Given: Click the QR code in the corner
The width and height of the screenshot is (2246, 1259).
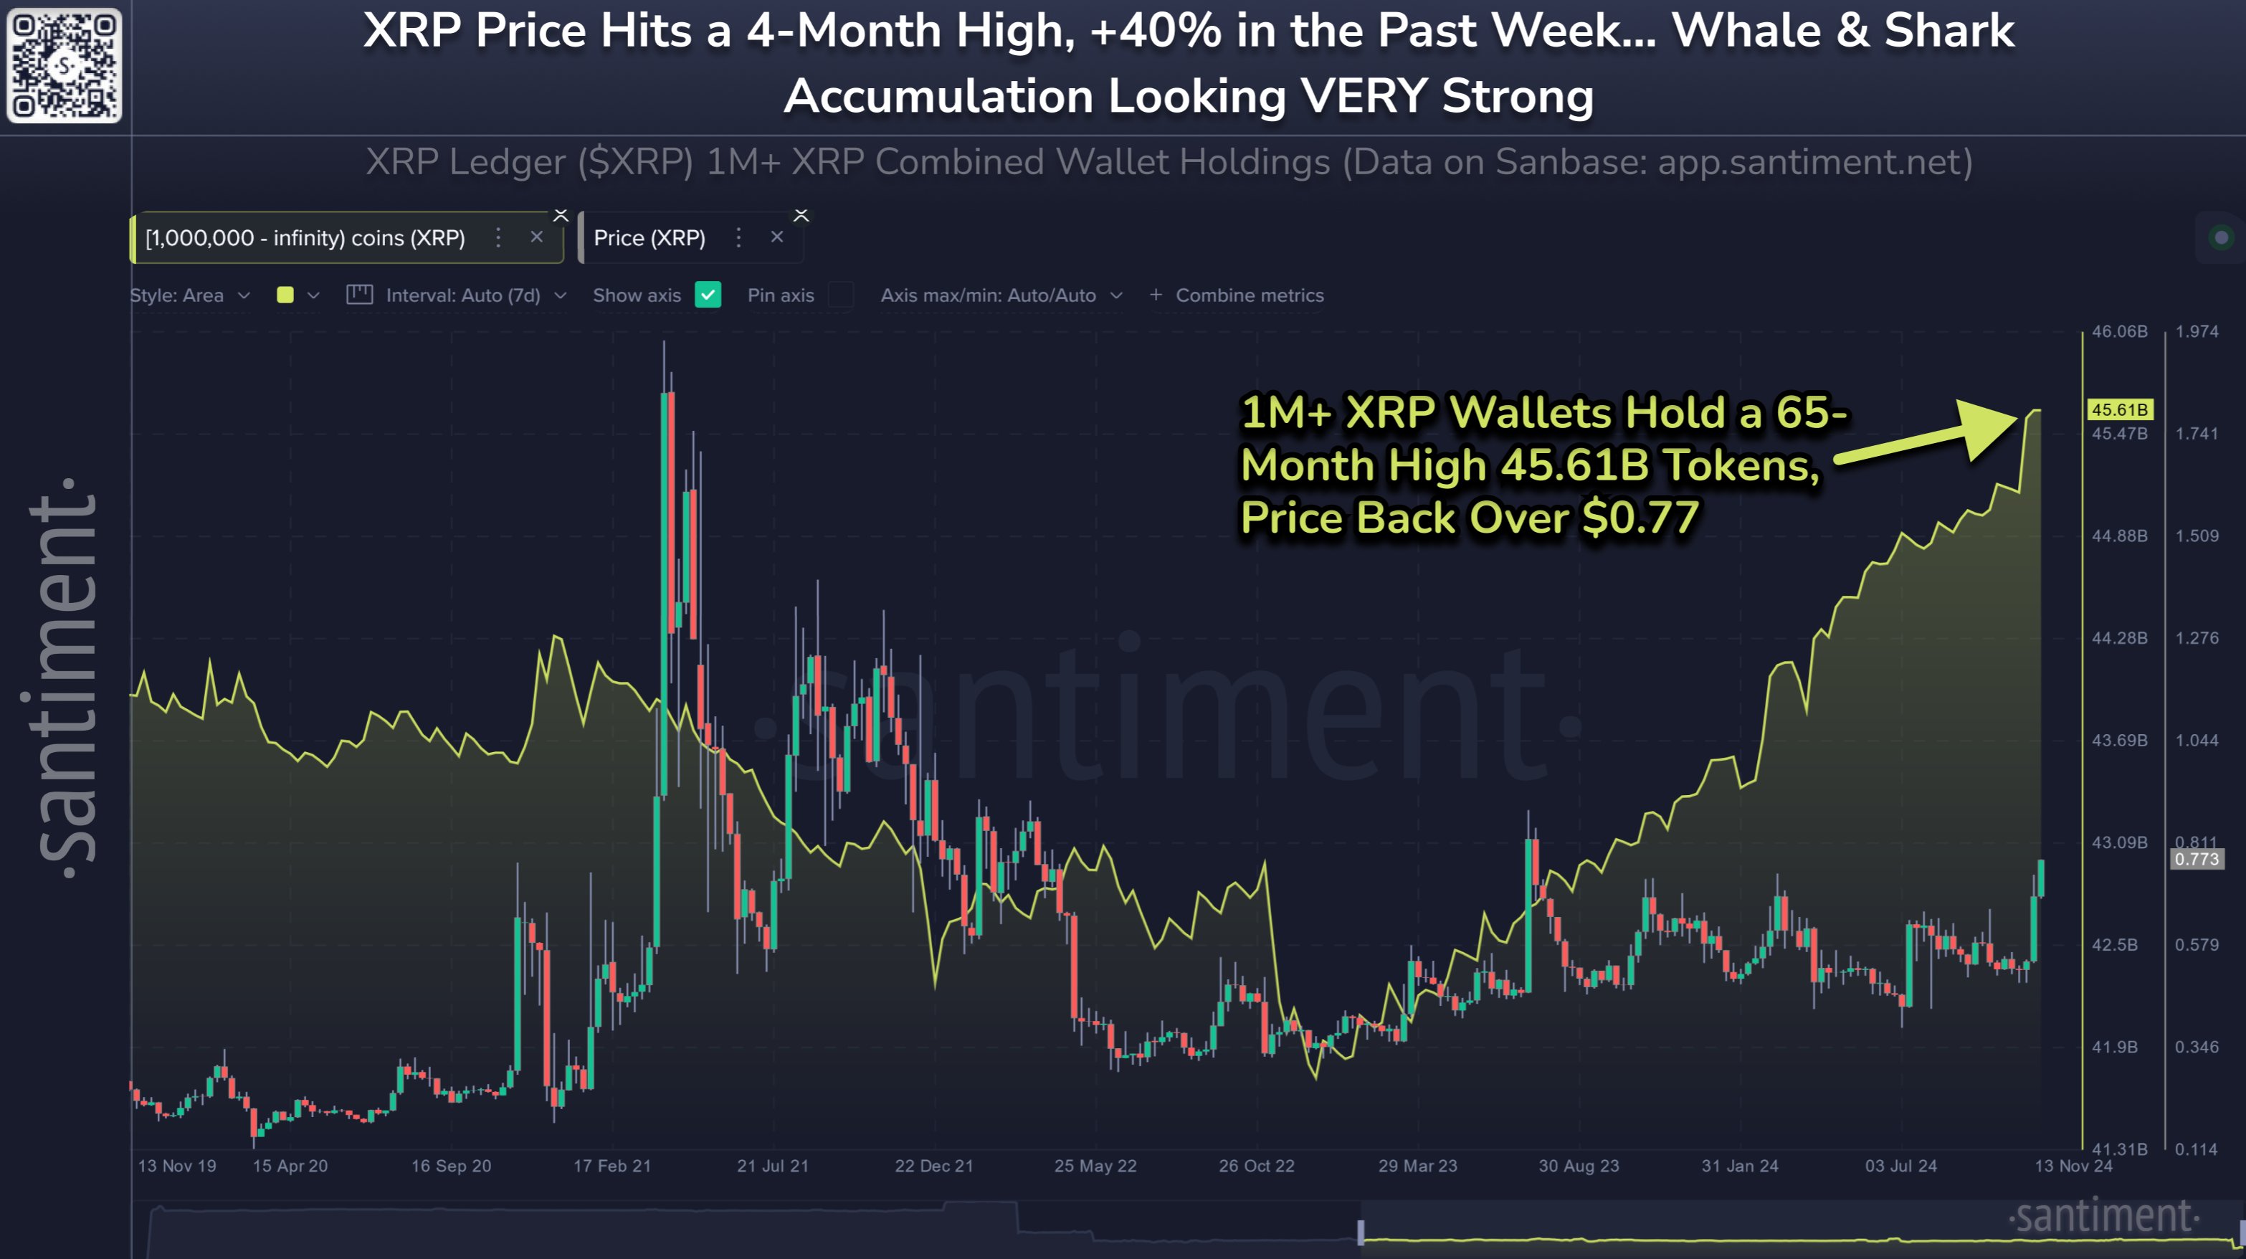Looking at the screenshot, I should (64, 65).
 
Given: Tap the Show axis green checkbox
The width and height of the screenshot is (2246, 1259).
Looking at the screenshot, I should (708, 295).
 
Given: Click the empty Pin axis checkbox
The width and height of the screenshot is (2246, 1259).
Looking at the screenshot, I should (840, 295).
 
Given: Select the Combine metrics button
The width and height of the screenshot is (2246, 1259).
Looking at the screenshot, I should (1238, 295).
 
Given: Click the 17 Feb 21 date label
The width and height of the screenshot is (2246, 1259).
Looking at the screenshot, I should (612, 1166).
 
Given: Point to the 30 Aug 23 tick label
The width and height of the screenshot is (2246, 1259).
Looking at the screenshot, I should (1578, 1166).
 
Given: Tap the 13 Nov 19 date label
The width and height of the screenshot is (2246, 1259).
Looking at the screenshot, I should (177, 1166).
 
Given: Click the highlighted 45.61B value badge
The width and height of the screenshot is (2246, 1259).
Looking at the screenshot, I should (2120, 409).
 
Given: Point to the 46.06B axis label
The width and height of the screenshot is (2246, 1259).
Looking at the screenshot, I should (2120, 331).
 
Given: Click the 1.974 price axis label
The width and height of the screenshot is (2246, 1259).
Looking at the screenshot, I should (2197, 331).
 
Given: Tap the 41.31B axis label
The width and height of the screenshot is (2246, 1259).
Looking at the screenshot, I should (2120, 1149).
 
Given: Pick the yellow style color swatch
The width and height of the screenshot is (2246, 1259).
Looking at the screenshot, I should (285, 295).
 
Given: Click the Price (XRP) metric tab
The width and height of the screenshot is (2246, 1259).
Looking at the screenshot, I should (649, 237).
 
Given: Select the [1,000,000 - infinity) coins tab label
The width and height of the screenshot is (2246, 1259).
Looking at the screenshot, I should (305, 237).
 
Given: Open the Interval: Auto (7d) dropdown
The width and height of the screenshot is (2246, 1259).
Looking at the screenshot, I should (463, 295).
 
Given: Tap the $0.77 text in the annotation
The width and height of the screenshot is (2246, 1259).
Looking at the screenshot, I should (1640, 517).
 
